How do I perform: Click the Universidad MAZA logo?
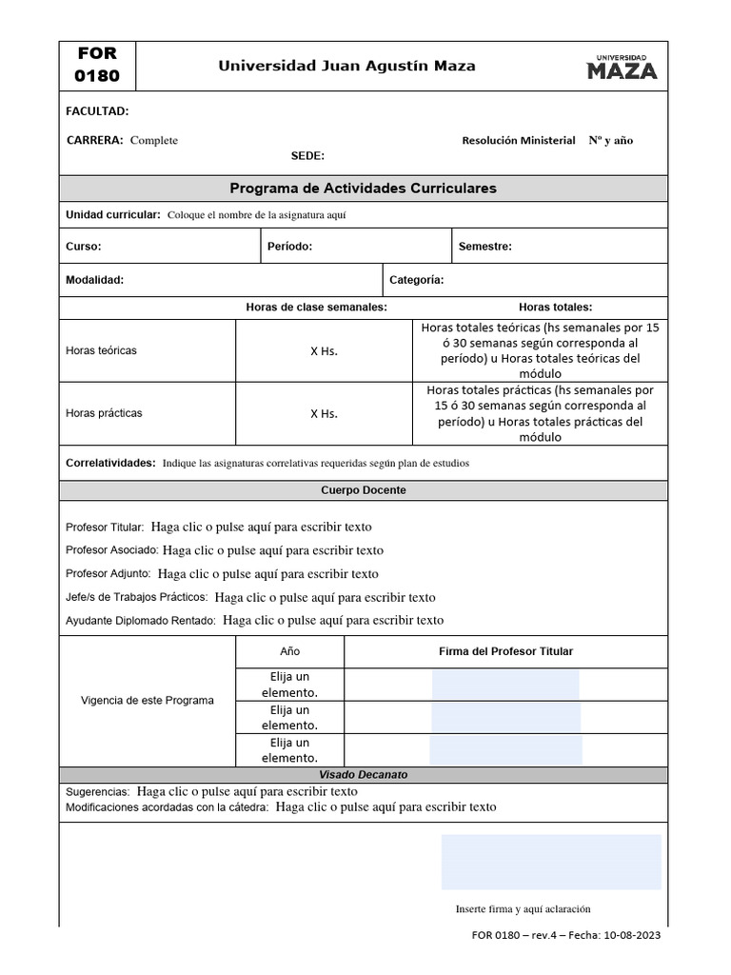coord(622,67)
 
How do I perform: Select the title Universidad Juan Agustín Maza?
coord(346,67)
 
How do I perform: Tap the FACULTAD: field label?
coord(97,111)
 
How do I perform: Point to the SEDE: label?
coord(307,156)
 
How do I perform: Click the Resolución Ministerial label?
coord(518,140)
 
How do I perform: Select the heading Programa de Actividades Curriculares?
coord(364,189)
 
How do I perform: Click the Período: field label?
coord(289,247)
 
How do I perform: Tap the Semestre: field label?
coord(484,247)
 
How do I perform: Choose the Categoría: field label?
coord(416,280)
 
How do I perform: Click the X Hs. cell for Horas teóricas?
coord(324,350)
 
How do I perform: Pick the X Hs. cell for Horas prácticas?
coord(324,413)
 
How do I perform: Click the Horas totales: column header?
coord(555,308)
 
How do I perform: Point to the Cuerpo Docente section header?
coord(364,489)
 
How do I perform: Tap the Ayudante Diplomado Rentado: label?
coord(141,620)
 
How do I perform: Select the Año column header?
coord(289,651)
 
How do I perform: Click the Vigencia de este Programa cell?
coord(148,700)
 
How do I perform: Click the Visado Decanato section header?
coord(364,775)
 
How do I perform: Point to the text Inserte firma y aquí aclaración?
coord(524,908)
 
